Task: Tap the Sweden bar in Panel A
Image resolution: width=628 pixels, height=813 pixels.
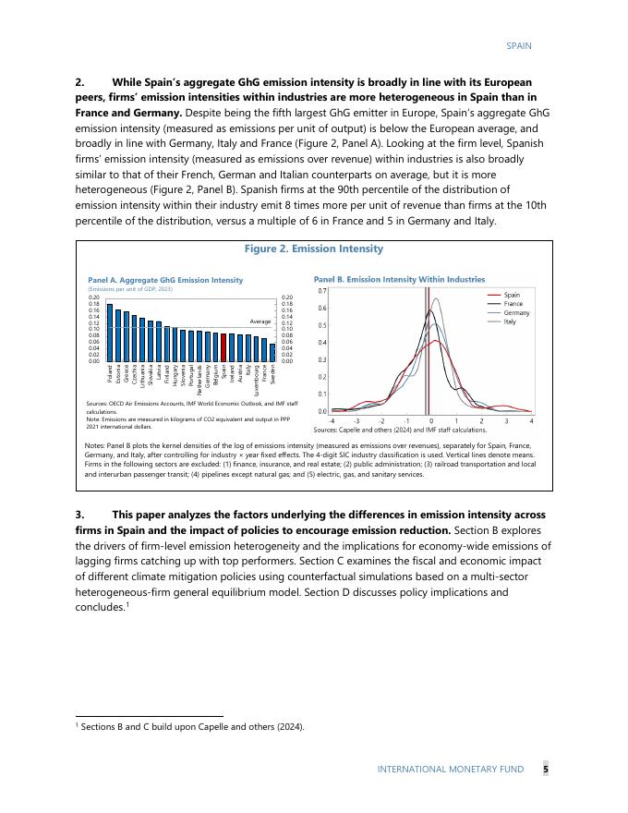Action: [x=272, y=352]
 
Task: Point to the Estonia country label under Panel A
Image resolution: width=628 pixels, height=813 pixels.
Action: [x=118, y=374]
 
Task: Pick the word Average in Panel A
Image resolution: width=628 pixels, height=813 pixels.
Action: [x=260, y=321]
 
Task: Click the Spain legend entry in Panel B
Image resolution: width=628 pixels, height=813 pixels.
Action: [x=511, y=295]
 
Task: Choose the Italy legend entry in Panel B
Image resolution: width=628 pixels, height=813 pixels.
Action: [x=510, y=322]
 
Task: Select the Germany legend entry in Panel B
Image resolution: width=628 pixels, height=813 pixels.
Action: [x=516, y=312]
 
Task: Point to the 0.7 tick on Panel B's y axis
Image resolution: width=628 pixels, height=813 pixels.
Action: [x=322, y=290]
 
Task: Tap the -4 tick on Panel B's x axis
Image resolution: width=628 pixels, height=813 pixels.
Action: [x=332, y=421]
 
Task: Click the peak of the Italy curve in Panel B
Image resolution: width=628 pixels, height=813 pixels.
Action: [x=437, y=298]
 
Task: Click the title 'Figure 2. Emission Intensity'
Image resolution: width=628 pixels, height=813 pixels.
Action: [x=313, y=249]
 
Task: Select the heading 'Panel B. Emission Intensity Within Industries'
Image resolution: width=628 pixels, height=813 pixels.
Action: [x=399, y=278]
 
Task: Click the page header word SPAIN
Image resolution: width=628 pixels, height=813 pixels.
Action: [x=519, y=45]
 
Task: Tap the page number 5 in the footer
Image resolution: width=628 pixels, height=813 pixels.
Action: [x=545, y=769]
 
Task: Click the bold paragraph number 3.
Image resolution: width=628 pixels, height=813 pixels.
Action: [x=79, y=515]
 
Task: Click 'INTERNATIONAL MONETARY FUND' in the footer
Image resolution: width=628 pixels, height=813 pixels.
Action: [x=450, y=769]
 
